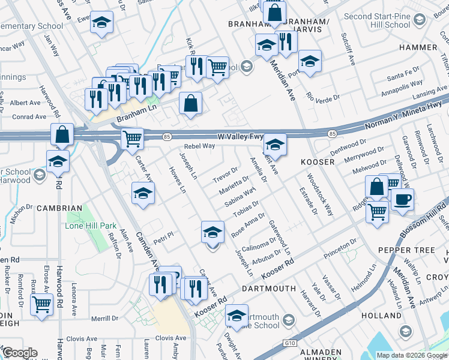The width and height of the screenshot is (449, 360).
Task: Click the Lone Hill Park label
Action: click(x=91, y=226)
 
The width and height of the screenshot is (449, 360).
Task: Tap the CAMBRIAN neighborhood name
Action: click(x=59, y=208)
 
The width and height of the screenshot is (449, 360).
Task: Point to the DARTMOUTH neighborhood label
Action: click(x=269, y=289)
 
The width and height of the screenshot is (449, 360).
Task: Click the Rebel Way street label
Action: click(x=199, y=146)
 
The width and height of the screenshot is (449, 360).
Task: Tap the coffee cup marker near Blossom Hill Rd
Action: click(x=402, y=199)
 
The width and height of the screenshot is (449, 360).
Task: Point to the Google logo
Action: click(x=20, y=353)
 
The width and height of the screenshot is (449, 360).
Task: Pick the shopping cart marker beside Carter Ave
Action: click(x=132, y=139)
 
